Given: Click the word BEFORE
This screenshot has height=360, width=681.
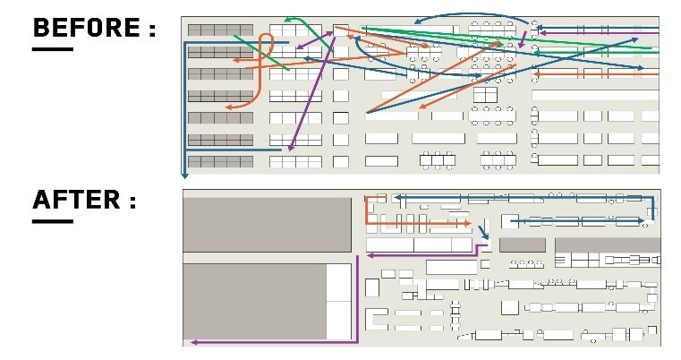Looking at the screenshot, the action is pos(87,28).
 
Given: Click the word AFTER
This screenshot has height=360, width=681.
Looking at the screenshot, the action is pos(76,200).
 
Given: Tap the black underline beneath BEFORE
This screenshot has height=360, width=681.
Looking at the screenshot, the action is pos(53,49).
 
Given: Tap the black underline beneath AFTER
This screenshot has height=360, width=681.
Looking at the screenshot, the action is pos(53,221).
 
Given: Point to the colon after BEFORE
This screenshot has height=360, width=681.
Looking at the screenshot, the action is pos(151,30).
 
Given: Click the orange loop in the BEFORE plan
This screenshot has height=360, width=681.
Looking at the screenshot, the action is pos(266,45).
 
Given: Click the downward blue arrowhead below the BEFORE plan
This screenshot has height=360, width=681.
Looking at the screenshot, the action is pos(184,176).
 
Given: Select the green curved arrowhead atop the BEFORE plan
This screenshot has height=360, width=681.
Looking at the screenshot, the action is pos(287,20).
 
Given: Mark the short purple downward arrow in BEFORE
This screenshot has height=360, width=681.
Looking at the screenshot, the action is pos(523,39).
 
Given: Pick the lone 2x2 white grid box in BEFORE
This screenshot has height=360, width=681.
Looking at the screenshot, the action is pos(485,95).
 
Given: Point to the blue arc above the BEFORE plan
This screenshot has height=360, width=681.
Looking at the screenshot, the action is pos(472,15).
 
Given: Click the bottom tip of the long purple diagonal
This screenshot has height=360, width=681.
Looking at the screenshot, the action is pos(290,150).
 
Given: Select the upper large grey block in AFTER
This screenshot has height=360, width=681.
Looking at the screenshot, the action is pos(267,225).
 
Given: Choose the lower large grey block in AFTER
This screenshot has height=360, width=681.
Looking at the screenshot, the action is pos(255,302).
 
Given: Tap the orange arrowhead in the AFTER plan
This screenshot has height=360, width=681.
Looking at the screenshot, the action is pos(467,224).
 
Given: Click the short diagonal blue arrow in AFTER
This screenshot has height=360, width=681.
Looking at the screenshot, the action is pos(483,231).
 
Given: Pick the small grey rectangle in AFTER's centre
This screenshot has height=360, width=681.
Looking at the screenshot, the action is pos(523,244).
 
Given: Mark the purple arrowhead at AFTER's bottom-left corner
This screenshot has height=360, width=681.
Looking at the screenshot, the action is pos(194,343).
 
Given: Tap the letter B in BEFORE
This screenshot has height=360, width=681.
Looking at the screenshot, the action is pos(41,28).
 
